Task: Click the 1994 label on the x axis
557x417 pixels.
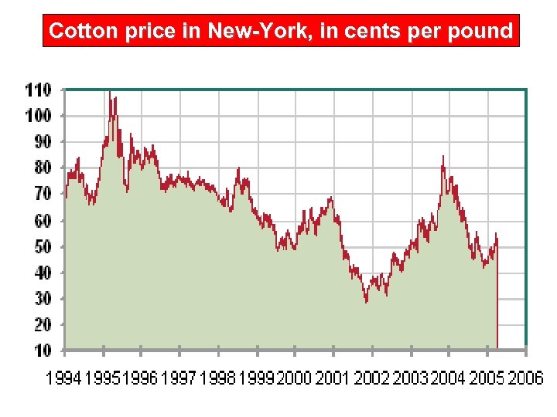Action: click(x=65, y=378)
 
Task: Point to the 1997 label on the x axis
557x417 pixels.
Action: click(x=179, y=378)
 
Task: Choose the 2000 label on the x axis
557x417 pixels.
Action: click(x=294, y=378)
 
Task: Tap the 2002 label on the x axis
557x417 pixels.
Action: click(x=372, y=378)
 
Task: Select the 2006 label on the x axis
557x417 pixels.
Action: click(x=525, y=378)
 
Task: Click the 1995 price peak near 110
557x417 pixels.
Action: click(x=110, y=93)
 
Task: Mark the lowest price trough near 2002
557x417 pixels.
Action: click(x=367, y=301)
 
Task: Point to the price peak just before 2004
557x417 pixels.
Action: click(x=443, y=157)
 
